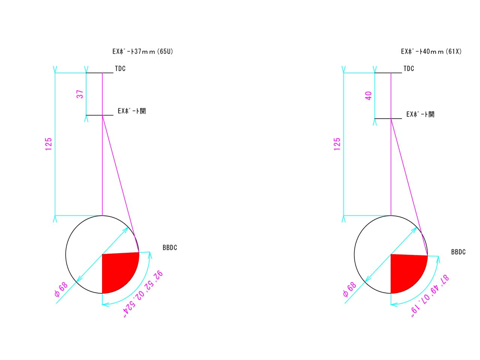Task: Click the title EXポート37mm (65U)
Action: pyautogui.click(x=142, y=51)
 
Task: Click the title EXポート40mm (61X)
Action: pyautogui.click(x=431, y=51)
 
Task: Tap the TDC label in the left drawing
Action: pyautogui.click(x=120, y=69)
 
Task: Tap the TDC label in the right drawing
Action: pyautogui.click(x=409, y=69)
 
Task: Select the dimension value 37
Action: pyautogui.click(x=80, y=94)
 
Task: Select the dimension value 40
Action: pyautogui.click(x=368, y=96)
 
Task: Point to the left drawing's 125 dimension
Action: pyautogui.click(x=48, y=144)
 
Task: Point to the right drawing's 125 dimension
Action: pyautogui.click(x=337, y=144)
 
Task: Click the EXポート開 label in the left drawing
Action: pyautogui.click(x=132, y=111)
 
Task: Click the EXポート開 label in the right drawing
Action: pyautogui.click(x=420, y=114)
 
